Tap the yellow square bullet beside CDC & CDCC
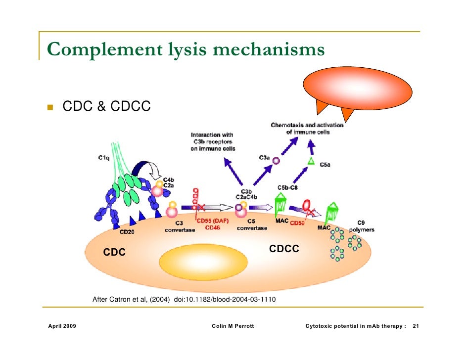[x=50, y=106]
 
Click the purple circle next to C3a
[x=277, y=161]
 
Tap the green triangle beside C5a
[x=311, y=161]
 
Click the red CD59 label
[x=297, y=223]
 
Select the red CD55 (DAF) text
[x=212, y=221]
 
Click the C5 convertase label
[x=252, y=225]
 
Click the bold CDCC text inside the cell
[x=284, y=249]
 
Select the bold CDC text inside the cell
[x=114, y=253]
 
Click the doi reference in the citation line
[x=225, y=300]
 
